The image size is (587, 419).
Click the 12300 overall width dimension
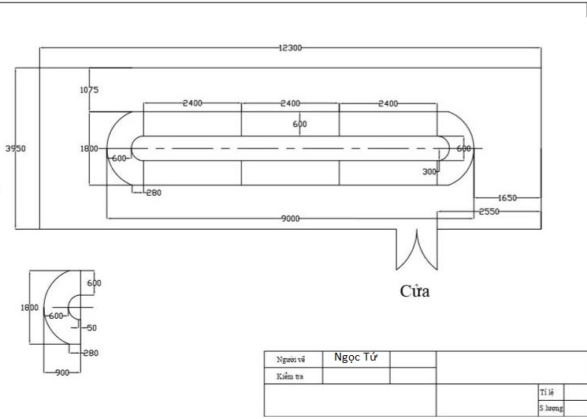coord(290,48)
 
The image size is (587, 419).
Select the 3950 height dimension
coord(15,148)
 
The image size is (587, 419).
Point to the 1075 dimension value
coord(89,90)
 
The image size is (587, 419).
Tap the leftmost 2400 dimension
coord(192,103)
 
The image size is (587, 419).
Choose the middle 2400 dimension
coord(290,103)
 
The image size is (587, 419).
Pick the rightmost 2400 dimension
coord(388,103)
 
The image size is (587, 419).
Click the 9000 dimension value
coord(290,219)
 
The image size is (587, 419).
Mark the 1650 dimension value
coord(507,198)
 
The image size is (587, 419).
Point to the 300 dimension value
coord(429,171)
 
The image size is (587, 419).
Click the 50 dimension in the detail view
coord(91,327)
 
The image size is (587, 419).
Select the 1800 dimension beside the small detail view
coord(29,308)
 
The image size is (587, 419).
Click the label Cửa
coord(414,291)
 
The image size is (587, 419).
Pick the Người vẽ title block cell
coord(291,360)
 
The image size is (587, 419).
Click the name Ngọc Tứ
coord(355,357)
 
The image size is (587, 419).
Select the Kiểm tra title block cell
coord(291,376)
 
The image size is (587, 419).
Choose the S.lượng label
coord(551,408)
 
